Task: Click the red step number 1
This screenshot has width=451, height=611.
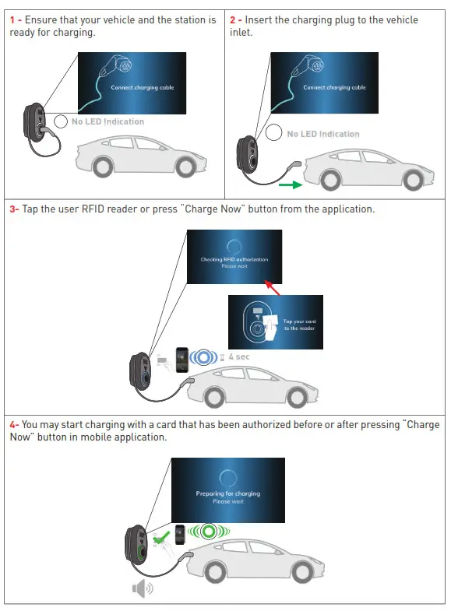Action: (x=12, y=19)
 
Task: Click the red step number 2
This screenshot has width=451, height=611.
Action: (x=233, y=19)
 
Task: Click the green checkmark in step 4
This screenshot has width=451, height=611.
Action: (x=160, y=537)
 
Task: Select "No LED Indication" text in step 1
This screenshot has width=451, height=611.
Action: (x=107, y=121)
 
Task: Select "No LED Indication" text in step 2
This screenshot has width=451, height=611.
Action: (x=322, y=134)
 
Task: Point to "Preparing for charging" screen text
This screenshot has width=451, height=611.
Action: (x=227, y=493)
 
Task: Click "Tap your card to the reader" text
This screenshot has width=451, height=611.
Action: (x=299, y=325)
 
